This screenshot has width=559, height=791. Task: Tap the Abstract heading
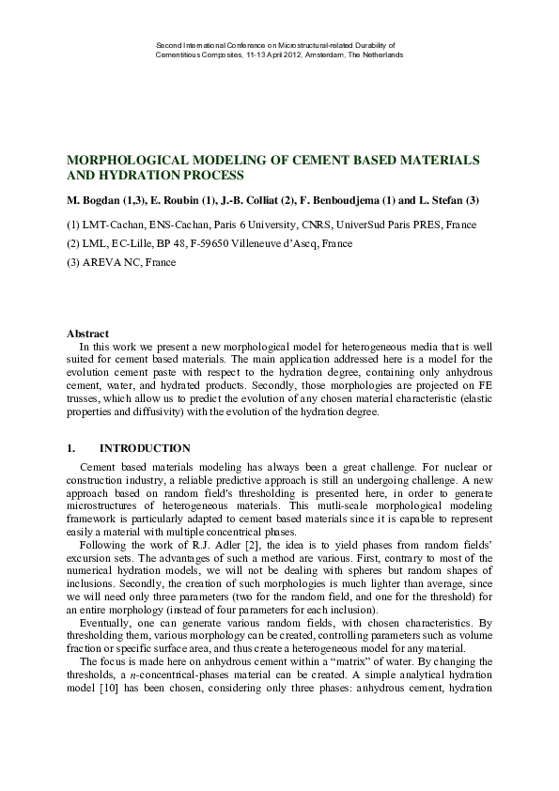[87, 333]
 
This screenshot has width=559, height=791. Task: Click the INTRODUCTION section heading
[145, 448]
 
